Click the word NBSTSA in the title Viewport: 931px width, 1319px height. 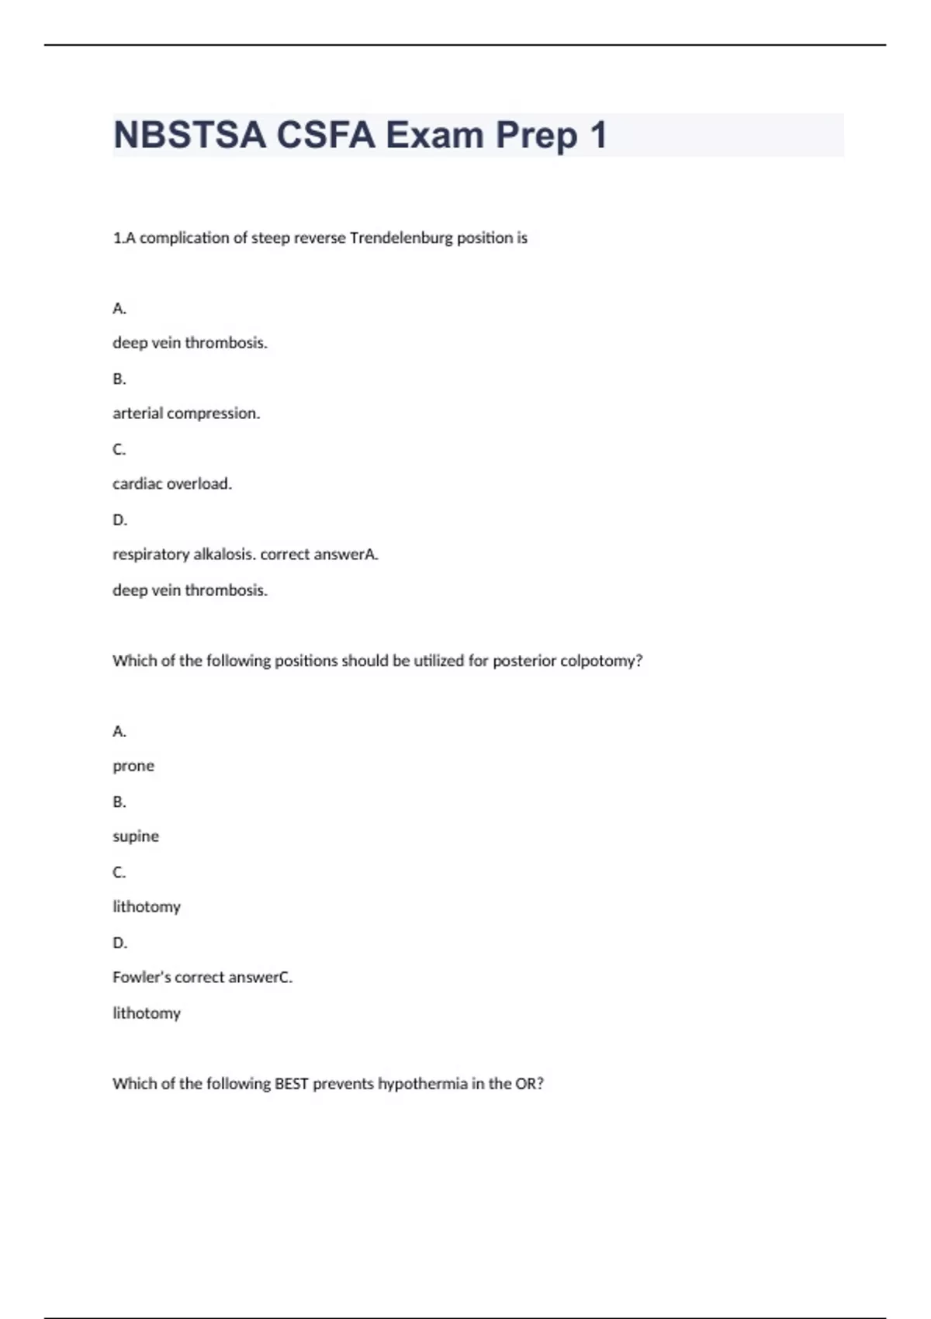(x=189, y=135)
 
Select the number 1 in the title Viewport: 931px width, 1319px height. (x=597, y=135)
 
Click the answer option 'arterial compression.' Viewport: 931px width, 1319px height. (x=186, y=414)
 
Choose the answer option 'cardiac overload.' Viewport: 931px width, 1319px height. (x=172, y=484)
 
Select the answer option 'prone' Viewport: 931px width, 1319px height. (x=133, y=767)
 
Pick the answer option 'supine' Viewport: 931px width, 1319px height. (x=136, y=836)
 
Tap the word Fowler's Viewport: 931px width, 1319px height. (x=141, y=978)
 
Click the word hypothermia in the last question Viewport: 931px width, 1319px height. (x=419, y=1083)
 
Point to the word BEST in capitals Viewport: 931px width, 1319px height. (x=292, y=1083)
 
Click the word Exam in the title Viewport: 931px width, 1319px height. (x=435, y=135)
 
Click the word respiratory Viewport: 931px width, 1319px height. (x=150, y=555)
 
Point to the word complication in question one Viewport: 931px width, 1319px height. (x=184, y=237)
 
